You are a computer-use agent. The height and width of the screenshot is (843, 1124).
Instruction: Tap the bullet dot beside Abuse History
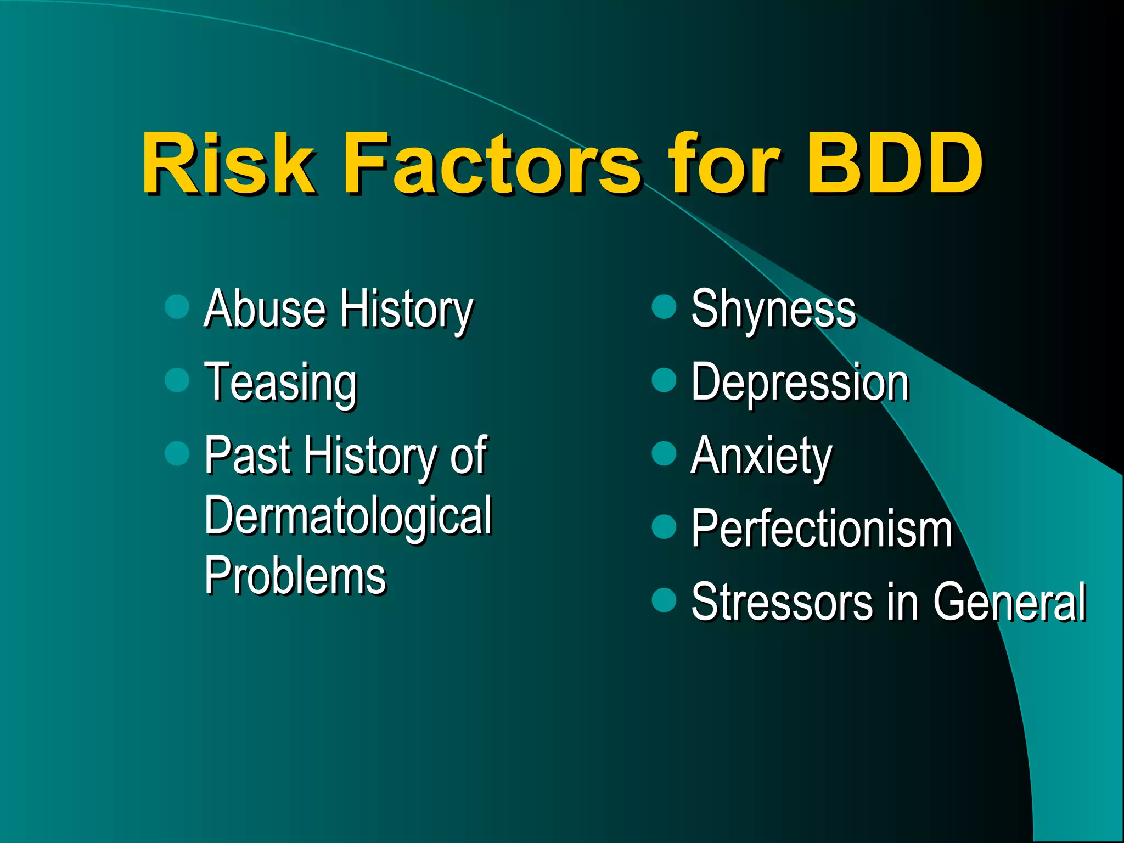point(177,306)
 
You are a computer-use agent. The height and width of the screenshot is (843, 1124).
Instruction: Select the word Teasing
point(280,383)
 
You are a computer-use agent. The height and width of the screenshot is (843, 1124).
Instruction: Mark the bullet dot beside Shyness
point(664,306)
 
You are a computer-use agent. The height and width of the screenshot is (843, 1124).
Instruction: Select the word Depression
point(800,383)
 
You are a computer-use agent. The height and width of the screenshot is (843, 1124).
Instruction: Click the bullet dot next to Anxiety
point(664,453)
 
